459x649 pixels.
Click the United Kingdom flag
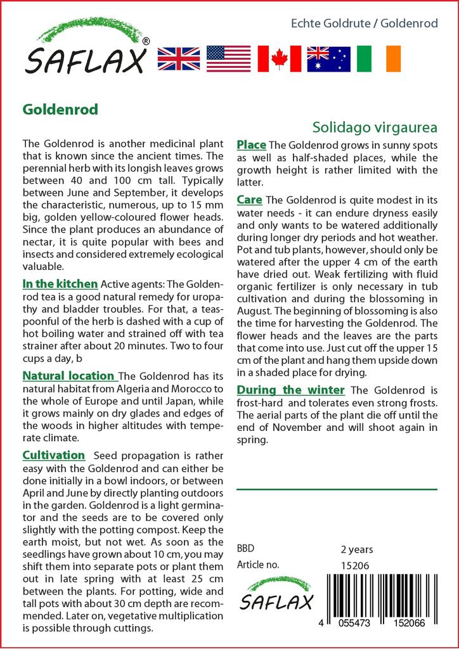click(x=179, y=58)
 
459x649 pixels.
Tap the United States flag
click(x=228, y=58)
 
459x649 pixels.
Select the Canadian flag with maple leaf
click(x=278, y=58)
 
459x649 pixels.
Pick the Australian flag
click(x=328, y=58)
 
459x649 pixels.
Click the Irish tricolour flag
click(x=378, y=58)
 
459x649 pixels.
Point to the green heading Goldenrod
click(x=60, y=110)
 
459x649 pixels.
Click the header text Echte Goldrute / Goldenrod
click(x=364, y=23)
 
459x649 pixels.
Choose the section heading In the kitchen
click(x=60, y=283)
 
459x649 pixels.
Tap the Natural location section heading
click(x=68, y=376)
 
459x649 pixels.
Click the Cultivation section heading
click(x=53, y=455)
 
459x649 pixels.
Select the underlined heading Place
click(x=251, y=145)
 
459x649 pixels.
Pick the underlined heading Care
click(x=250, y=200)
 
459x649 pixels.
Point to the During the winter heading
click(x=290, y=389)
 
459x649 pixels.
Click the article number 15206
click(x=354, y=565)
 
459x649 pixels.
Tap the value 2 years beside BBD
click(x=357, y=549)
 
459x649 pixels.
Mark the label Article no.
click(x=258, y=565)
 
